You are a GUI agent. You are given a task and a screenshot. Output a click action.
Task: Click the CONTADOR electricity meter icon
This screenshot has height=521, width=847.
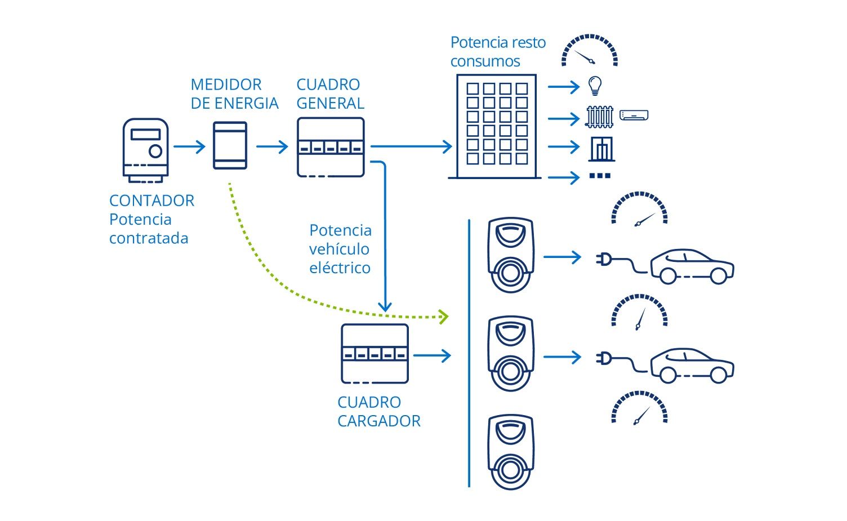point(145,150)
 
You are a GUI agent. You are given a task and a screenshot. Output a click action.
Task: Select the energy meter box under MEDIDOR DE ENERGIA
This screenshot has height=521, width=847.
point(230,145)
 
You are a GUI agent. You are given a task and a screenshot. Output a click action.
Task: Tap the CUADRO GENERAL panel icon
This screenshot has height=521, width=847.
point(331,147)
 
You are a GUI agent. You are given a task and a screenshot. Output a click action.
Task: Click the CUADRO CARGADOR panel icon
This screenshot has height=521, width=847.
point(375,354)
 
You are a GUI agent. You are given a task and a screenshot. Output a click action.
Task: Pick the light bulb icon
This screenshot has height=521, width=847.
point(595,86)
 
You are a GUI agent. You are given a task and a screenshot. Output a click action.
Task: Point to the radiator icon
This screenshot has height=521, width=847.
point(599,117)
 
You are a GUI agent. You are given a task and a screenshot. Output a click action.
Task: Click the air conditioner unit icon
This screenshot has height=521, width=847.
point(634,115)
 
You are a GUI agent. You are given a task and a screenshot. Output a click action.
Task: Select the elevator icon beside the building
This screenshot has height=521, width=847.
point(601,148)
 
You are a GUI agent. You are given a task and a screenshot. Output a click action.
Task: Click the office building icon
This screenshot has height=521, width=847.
point(496,126)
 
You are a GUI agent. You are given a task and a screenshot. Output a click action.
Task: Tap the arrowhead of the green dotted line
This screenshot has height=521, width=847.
point(444,317)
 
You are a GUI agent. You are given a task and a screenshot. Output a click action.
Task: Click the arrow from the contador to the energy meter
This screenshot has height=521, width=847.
point(190,147)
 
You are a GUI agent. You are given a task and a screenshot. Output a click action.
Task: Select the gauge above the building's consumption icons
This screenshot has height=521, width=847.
point(589,51)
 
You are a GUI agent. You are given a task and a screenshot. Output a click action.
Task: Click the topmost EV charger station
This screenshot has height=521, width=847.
point(510,255)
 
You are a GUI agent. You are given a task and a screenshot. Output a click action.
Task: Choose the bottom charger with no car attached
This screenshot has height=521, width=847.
point(510,452)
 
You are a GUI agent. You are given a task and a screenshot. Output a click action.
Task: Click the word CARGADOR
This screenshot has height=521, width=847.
point(378,421)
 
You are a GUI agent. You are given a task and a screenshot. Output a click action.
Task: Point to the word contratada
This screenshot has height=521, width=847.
point(149,238)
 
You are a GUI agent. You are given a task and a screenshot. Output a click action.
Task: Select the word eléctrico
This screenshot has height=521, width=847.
point(340,268)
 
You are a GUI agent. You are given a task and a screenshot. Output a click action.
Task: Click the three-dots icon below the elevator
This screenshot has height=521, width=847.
point(600,176)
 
